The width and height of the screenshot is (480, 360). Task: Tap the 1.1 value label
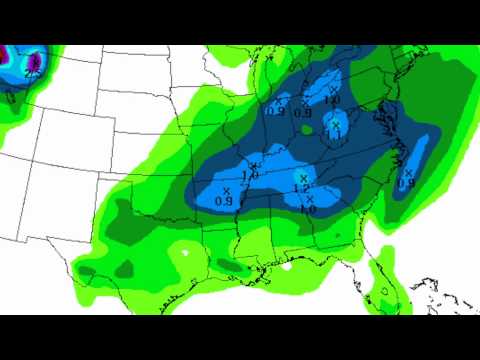[x=334, y=134]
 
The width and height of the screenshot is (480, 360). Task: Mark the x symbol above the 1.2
[x=303, y=177]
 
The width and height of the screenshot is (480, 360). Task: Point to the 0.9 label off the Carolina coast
[x=406, y=183]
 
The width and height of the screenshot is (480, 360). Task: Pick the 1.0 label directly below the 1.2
[x=309, y=209]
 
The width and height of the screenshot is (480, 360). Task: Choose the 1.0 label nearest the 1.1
[x=332, y=100]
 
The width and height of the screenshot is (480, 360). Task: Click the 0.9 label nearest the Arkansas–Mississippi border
[x=225, y=201]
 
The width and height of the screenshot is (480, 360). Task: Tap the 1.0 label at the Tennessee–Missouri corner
[x=249, y=175]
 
